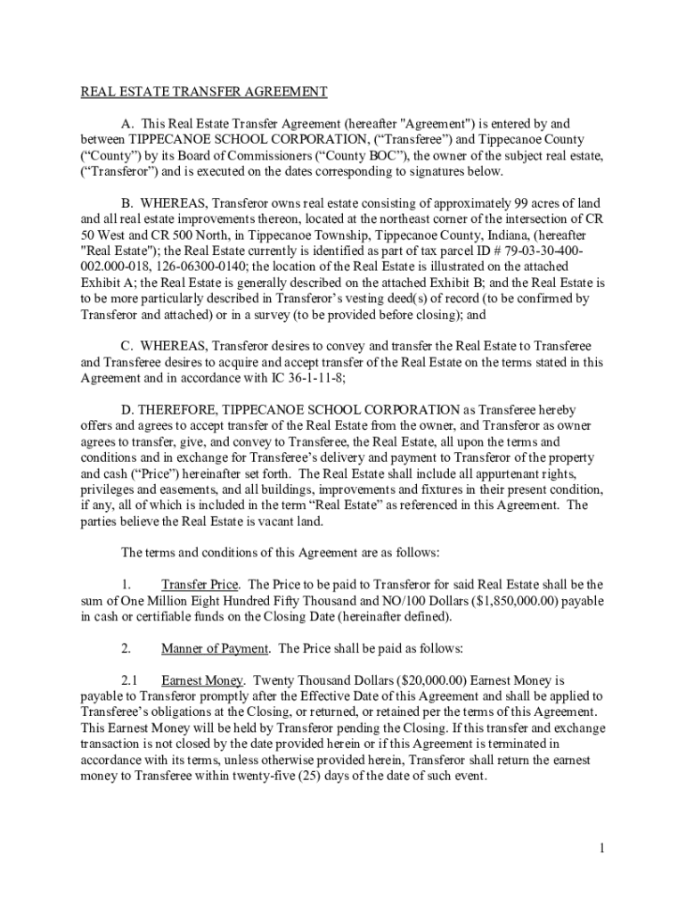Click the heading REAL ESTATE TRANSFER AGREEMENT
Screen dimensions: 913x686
(205, 92)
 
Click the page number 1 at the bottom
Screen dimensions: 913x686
(602, 849)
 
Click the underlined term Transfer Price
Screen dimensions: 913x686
(200, 585)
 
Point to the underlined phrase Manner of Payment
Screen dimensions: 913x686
(214, 648)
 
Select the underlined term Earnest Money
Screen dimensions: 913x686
(201, 680)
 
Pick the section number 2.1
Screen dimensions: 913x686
(130, 680)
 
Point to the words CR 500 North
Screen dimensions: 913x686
(144, 234)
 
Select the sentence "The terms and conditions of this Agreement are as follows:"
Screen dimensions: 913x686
(280, 553)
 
